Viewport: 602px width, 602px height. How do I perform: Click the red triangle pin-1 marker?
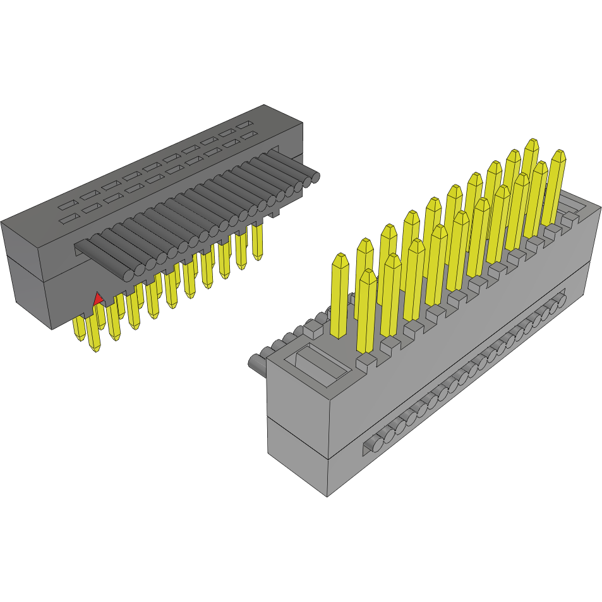pos(98,299)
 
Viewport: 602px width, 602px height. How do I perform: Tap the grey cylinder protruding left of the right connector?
pos(256,363)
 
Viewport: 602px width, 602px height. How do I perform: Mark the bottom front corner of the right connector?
pos(327,495)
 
